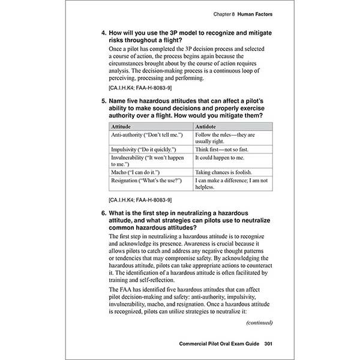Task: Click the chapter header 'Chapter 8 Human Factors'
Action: [x=239, y=13]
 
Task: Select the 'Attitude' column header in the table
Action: [x=123, y=127]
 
